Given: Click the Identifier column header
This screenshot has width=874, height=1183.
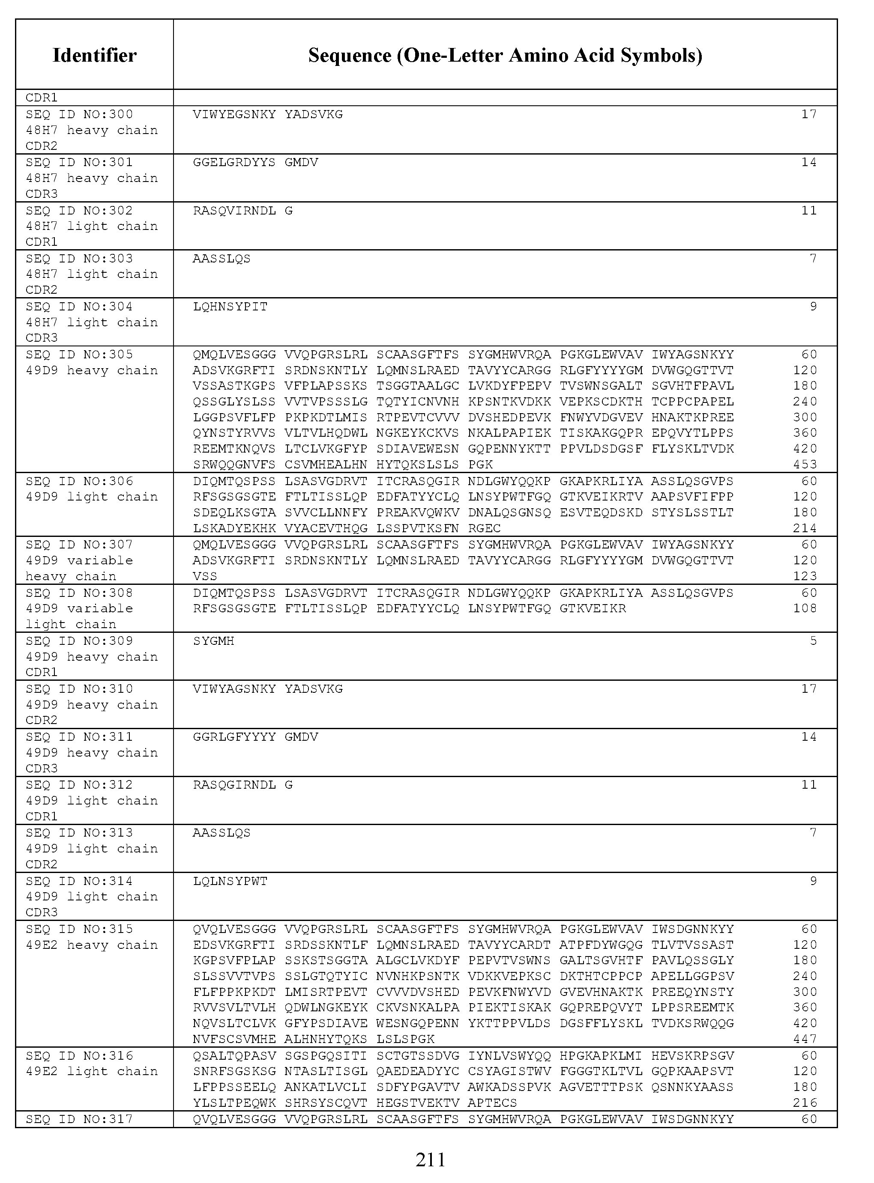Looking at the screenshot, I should click(x=94, y=55).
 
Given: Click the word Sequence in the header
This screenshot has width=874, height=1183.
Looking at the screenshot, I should click(x=349, y=55).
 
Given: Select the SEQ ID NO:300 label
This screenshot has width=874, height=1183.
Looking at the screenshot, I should click(x=79, y=114).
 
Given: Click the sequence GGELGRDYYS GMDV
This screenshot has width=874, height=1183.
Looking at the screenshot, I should click(x=255, y=162).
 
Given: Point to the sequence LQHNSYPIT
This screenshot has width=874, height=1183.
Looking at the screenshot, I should click(x=230, y=307).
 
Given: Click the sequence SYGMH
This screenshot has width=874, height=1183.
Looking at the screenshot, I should click(x=213, y=641).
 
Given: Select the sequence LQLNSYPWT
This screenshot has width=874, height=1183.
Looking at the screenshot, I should click(x=230, y=881).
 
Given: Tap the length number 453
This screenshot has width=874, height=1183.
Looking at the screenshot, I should click(x=805, y=465).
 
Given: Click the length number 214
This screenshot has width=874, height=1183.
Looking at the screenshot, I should click(x=805, y=528).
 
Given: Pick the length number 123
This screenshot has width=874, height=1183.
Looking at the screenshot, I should click(x=805, y=576).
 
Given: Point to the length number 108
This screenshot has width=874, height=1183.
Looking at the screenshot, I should click(x=805, y=608).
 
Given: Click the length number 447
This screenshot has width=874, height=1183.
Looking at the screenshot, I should click(x=805, y=1039).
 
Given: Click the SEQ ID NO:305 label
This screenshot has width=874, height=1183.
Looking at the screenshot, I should click(x=79, y=355).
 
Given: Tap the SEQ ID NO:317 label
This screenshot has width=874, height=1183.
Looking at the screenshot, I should click(x=79, y=1119).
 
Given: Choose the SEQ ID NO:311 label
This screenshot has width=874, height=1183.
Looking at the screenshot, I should click(x=79, y=737).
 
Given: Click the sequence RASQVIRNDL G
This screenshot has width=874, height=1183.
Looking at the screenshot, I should click(x=242, y=210).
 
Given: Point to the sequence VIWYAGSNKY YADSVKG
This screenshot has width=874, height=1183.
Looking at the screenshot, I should click(x=268, y=689).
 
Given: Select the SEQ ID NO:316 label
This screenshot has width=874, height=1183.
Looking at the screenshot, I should click(x=79, y=1055).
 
